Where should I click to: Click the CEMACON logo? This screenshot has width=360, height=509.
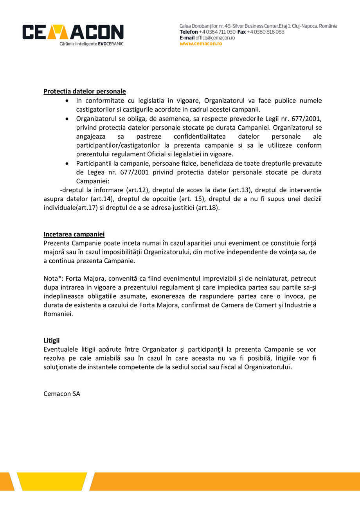pos(73,32)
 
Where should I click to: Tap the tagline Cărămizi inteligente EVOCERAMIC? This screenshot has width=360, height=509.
pos(91,44)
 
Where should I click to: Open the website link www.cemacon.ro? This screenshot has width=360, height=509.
pos(201,44)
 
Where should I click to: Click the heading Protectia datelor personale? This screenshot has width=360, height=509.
pos(85,92)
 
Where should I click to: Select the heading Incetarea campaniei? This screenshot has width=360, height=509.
pos(74,235)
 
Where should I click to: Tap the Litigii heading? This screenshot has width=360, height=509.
pos(52,340)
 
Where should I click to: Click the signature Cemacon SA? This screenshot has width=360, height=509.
pos(62,394)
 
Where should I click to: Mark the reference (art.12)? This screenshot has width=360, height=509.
pos(138,190)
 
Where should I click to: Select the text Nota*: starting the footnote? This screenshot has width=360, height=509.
pos(54,279)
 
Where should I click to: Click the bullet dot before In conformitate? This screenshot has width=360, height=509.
pos(68,101)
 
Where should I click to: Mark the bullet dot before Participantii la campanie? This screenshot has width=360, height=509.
pos(68,163)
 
